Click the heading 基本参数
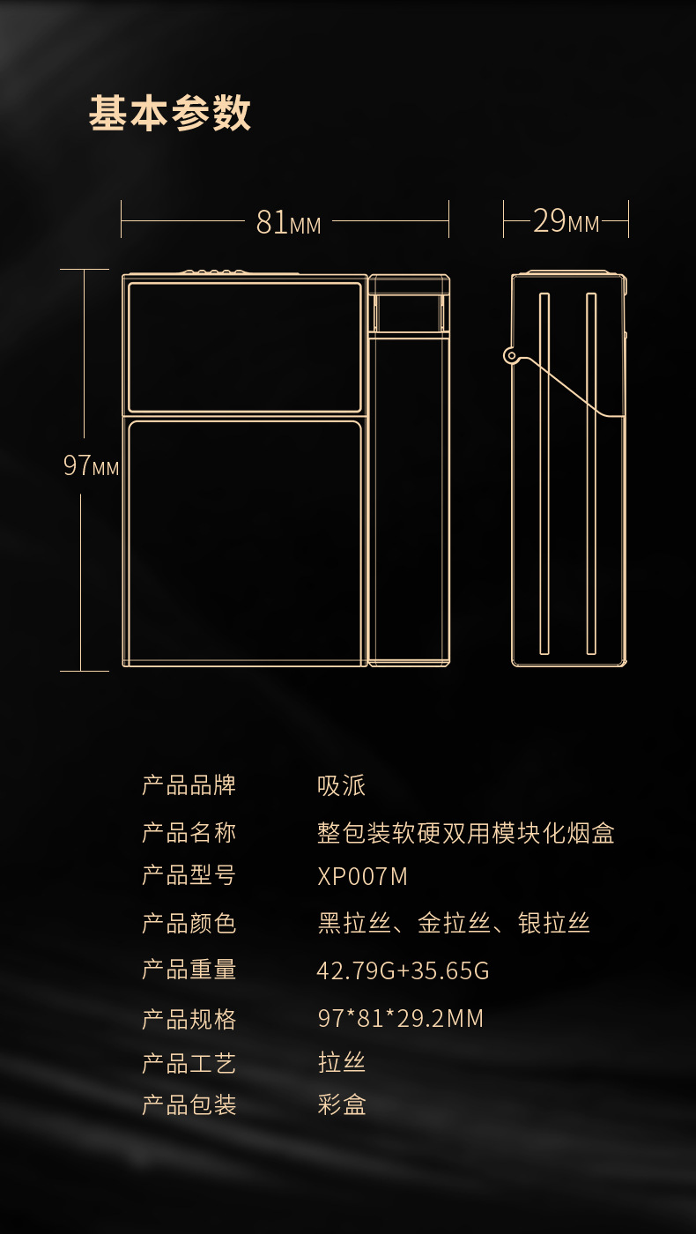click(170, 114)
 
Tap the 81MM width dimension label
click(288, 222)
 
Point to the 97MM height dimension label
click(91, 465)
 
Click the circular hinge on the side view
click(510, 355)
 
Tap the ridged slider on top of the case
click(214, 271)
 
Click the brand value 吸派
click(341, 785)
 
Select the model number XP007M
click(362, 877)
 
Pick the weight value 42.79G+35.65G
click(403, 970)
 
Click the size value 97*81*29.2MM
click(400, 1019)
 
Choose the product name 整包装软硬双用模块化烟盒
click(465, 833)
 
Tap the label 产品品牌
click(189, 785)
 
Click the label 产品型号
click(189, 876)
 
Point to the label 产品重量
click(189, 970)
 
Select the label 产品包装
click(189, 1104)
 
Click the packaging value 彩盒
click(341, 1104)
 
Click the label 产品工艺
click(189, 1063)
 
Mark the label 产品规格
click(189, 1019)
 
